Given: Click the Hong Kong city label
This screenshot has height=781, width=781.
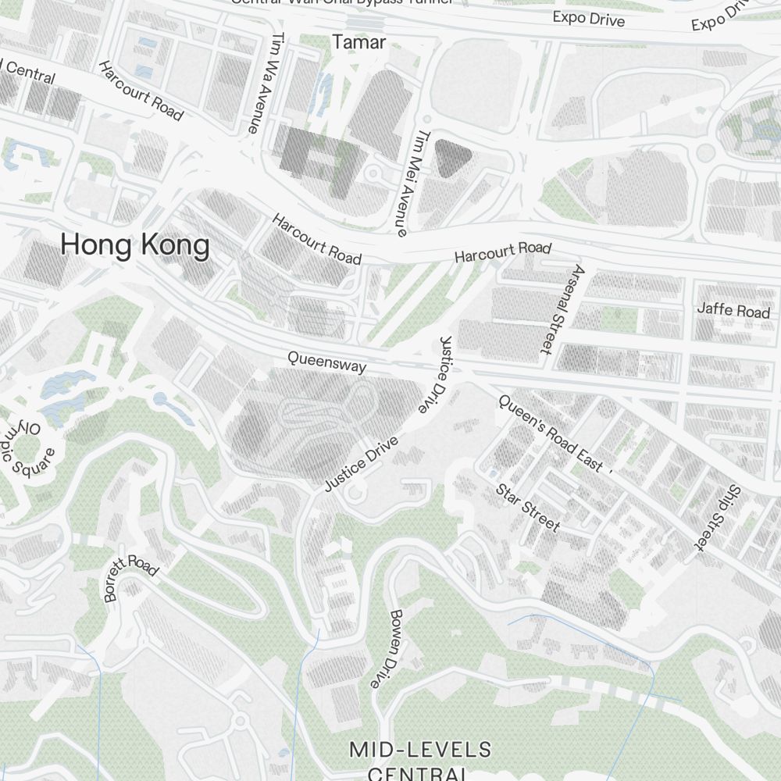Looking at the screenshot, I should click(135, 246).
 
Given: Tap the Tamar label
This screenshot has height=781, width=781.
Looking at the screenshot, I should click(359, 42).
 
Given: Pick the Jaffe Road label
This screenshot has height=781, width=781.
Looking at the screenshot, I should click(733, 310).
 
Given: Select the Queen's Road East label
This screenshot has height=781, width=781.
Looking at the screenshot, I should click(551, 433).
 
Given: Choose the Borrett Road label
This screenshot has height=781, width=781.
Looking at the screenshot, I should click(130, 578).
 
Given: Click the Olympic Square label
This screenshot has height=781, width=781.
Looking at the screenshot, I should click(28, 448).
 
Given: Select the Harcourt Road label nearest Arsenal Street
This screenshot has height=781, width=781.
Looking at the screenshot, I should click(503, 251).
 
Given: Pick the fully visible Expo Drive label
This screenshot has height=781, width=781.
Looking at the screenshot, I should click(589, 19).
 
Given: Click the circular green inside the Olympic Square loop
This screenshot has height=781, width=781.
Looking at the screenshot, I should click(27, 451).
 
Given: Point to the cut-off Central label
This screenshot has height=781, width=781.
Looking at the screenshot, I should click(28, 73).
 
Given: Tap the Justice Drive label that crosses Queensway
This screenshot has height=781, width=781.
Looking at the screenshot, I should click(433, 375).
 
